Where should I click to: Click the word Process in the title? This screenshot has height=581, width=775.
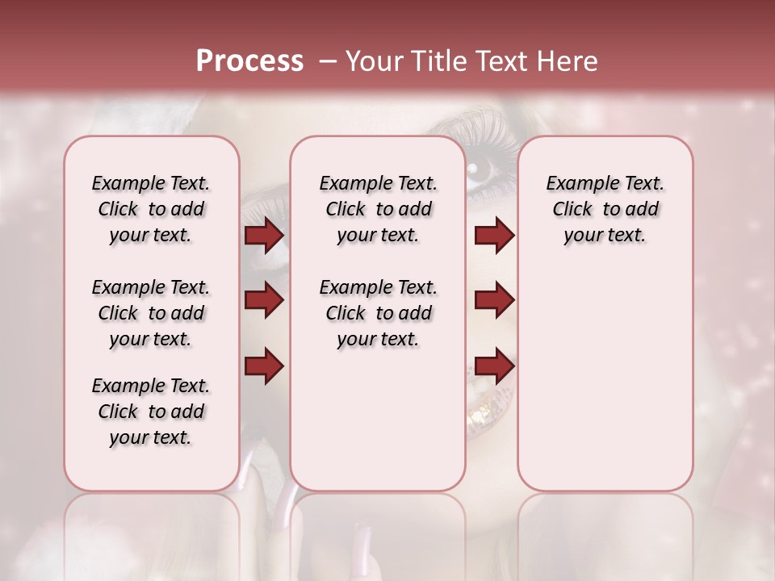click(249, 61)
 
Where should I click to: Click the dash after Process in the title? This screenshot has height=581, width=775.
click(328, 61)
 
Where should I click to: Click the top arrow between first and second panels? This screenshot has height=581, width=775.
click(264, 236)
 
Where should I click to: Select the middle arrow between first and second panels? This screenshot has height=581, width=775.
click(264, 300)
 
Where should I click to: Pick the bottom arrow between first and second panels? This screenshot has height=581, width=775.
click(264, 366)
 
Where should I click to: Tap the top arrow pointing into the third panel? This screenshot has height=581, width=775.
click(494, 236)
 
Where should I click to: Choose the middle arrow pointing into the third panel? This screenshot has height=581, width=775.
click(494, 300)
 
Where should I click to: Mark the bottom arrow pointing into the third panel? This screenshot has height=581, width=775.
click(494, 366)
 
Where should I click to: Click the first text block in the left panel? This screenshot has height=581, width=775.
click(151, 209)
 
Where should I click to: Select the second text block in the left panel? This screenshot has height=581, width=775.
click(151, 313)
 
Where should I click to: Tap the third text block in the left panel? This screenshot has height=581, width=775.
click(151, 412)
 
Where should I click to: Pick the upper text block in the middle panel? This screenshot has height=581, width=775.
click(378, 209)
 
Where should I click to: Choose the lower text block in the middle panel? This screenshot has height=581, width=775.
click(378, 313)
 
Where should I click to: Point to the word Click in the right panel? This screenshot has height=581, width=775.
click(572, 210)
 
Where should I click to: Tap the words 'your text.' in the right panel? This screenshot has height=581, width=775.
click(605, 236)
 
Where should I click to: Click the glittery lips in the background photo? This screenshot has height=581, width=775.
click(489, 408)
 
